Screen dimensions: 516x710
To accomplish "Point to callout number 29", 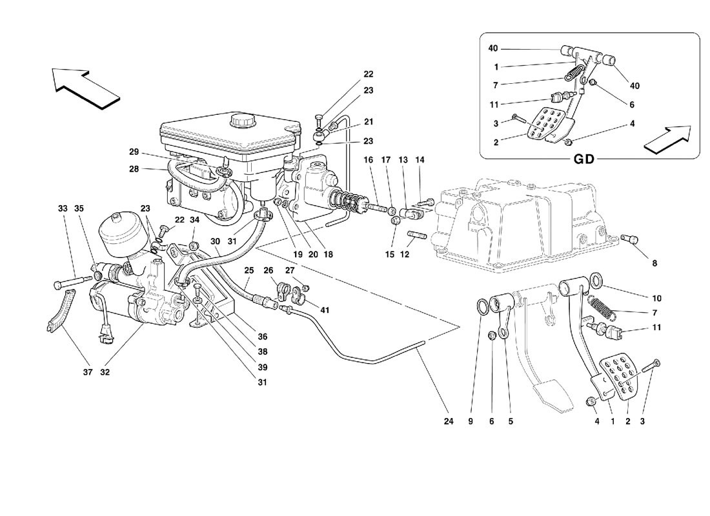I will point(134,152).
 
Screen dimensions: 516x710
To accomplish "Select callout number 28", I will point(134,169).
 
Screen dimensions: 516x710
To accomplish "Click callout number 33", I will point(62,208).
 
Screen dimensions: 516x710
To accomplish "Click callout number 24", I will point(449,422).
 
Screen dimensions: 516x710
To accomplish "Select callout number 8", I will point(654,263).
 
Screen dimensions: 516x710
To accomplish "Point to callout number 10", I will point(657,299).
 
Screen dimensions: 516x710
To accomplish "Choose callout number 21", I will point(369,122).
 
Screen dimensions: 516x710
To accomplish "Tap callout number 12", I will point(405,255).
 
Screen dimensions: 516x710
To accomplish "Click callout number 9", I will point(471,422).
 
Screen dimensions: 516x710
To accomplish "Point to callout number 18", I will point(328,255).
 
